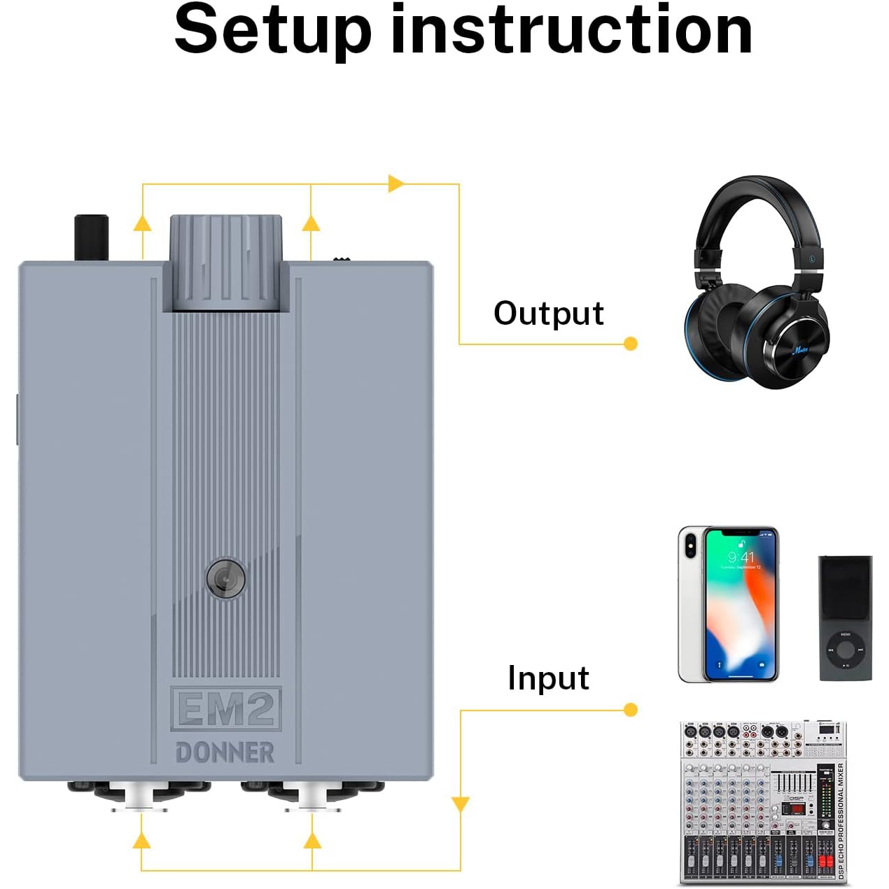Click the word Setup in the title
tap(272, 31)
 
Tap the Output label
tap(548, 313)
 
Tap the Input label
tap(548, 678)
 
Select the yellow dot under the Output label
tap(630, 344)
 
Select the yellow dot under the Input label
tap(630, 710)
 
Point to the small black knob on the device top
tap(92, 237)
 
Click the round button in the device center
tap(225, 578)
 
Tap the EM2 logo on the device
tap(225, 708)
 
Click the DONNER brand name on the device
tap(225, 752)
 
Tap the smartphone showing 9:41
tap(728, 604)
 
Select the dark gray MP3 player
tap(846, 617)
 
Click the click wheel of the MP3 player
tap(846, 650)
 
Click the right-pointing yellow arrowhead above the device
tap(396, 183)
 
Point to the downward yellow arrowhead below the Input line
tap(460, 804)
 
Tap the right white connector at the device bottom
tap(312, 797)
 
